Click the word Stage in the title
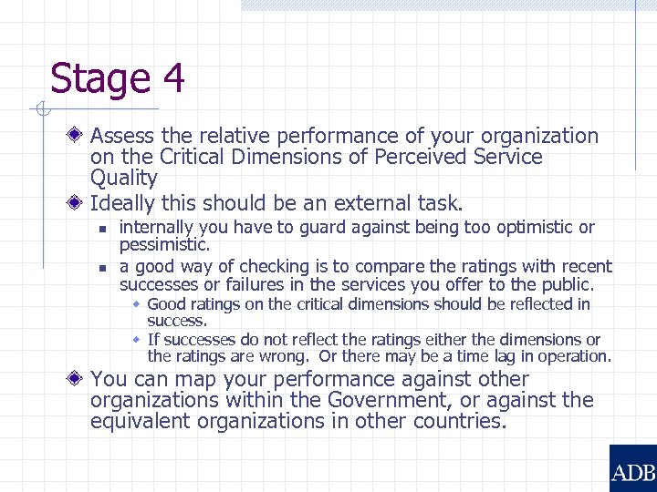[99, 78]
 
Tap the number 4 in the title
[173, 78]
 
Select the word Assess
[123, 137]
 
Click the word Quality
[124, 179]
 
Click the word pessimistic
[164, 245]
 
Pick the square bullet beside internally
[103, 228]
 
